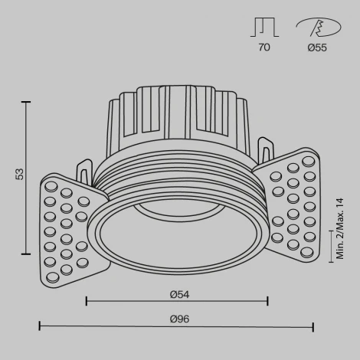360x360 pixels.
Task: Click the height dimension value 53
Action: pyautogui.click(x=19, y=175)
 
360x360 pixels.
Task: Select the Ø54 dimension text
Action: pyautogui.click(x=179, y=293)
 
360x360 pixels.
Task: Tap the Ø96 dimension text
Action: pyautogui.click(x=179, y=319)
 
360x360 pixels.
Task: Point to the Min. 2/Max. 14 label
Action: pyautogui.click(x=340, y=229)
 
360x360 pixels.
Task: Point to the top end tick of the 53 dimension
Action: pyautogui.click(x=28, y=101)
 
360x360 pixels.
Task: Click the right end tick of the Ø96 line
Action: pyautogui.click(x=313, y=327)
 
